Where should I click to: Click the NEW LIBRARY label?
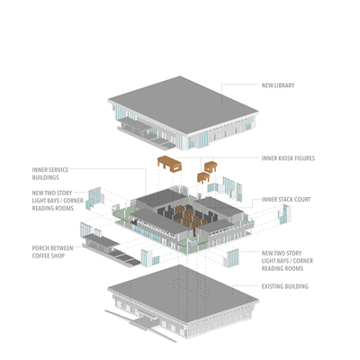coord(278,85)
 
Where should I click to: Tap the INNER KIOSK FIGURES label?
coord(288,158)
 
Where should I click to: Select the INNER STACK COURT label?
coord(286,200)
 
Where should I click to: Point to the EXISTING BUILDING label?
coord(284,286)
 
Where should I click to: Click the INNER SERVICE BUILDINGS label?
coord(50,174)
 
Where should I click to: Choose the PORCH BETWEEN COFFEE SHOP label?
coord(52,252)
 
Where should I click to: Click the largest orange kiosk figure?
coord(169,164)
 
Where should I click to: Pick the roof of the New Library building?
coord(183,104)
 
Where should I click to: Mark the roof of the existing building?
coord(183,293)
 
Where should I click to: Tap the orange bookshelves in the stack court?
coord(189,215)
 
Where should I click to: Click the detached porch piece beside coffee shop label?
coord(110,250)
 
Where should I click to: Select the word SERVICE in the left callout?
coord(58,170)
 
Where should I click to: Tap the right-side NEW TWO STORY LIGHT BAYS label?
coord(287,261)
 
